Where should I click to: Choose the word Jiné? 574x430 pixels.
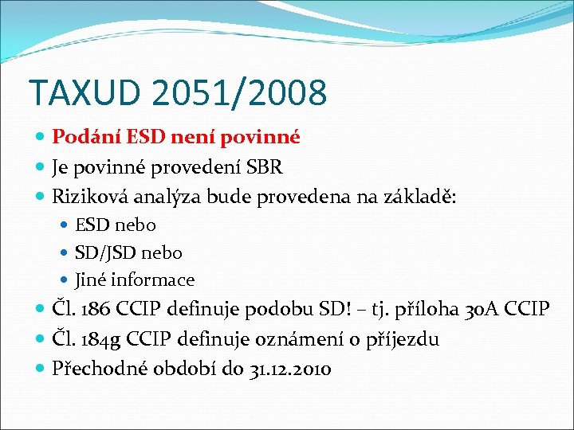[91, 280]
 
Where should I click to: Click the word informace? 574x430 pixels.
[152, 280]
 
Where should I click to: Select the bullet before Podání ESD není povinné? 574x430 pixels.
[41, 138]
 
